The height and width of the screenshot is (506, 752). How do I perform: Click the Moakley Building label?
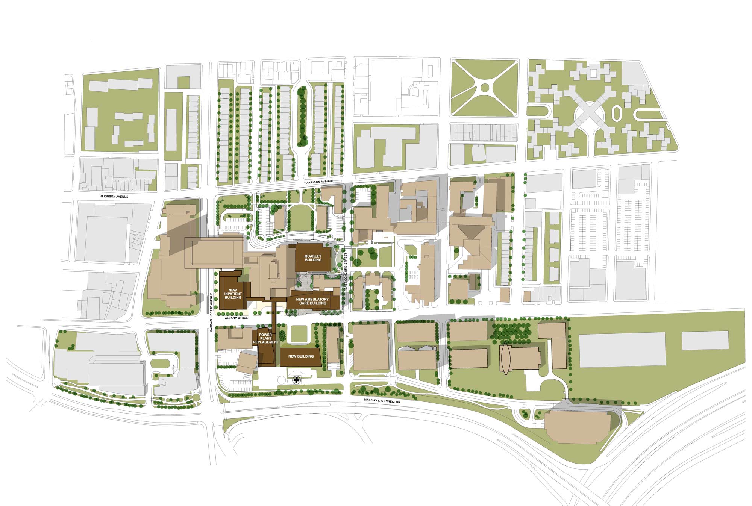[313, 258]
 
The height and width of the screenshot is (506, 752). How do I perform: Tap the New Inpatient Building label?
[233, 294]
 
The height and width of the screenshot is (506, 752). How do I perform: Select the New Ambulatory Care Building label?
[312, 301]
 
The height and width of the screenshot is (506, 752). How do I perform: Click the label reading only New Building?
[301, 356]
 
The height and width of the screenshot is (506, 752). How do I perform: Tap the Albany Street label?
[237, 318]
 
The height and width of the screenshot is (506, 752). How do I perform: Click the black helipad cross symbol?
[297, 380]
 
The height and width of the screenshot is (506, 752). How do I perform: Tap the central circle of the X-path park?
[485, 88]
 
